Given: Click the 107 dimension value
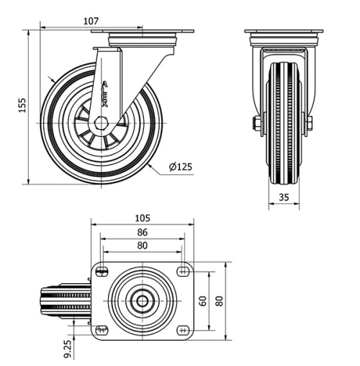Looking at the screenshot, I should point(91,21).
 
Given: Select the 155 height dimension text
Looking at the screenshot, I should point(22,107).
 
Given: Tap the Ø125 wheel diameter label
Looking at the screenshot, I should point(181,167).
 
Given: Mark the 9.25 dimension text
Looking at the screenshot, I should point(67,349).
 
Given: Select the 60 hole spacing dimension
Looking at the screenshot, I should point(204,300).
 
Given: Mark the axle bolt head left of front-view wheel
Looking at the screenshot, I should point(257,123).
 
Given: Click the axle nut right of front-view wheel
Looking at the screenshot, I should point(310,123).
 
